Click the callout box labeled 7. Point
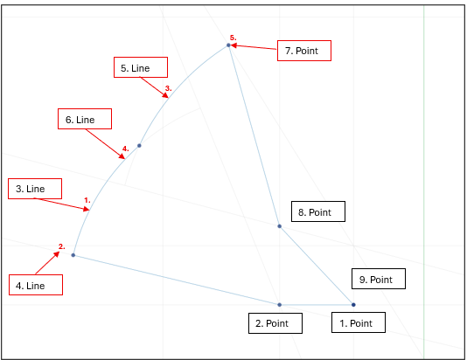(304, 52)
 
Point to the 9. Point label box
(380, 280)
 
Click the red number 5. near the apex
(233, 38)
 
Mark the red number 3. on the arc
(169, 88)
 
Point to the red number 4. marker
(126, 149)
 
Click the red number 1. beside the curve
(87, 200)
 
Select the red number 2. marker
(62, 246)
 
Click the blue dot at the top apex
(229, 45)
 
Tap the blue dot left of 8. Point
(280, 226)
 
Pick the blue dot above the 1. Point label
(353, 304)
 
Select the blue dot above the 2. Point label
(280, 304)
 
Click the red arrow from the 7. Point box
(254, 48)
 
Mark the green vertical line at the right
(423, 175)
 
